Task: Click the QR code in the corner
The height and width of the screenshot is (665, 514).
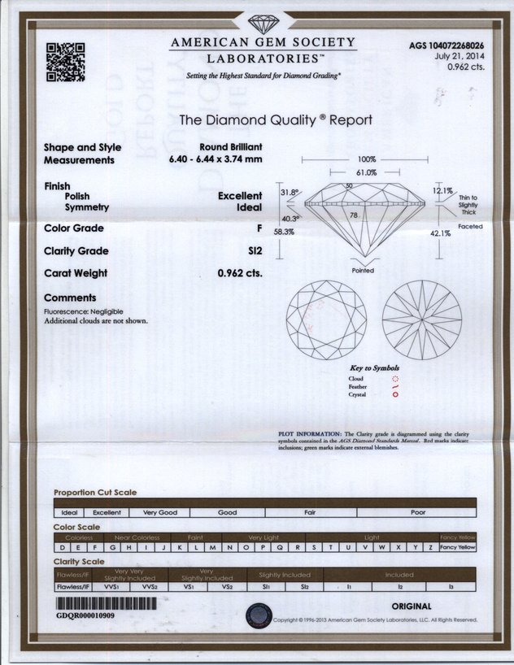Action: coord(66,61)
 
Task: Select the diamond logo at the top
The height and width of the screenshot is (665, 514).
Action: coord(263,24)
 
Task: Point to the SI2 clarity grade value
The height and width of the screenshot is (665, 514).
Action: coord(253,251)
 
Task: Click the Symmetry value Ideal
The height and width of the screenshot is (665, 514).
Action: coord(248,207)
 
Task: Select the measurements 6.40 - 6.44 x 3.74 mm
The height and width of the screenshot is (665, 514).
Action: coord(216,159)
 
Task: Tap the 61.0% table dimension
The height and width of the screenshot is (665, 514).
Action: coord(366,172)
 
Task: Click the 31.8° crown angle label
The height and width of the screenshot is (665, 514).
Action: coord(290,193)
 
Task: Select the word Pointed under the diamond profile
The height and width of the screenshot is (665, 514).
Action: coord(363,271)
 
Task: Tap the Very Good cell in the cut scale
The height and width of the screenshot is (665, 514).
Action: coord(160,513)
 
